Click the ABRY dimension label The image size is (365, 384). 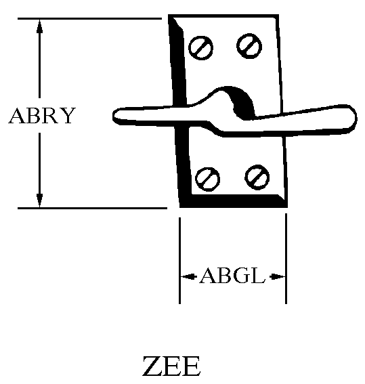pos(42,116)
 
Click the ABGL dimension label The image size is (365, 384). pos(232,276)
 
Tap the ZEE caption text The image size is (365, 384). pos(171,366)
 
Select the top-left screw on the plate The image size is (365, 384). pos(200,48)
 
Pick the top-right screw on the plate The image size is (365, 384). pos(249,46)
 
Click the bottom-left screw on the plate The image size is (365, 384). pos(207,179)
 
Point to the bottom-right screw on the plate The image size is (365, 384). pos(257,177)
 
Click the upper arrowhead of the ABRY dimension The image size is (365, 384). pos(39,26)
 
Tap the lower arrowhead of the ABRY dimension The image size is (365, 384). pos(39,200)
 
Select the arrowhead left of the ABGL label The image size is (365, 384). pos(189,277)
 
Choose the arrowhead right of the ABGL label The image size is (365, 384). pos(278,277)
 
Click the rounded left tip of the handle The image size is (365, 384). pos(115,116)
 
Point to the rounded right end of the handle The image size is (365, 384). pos(353,118)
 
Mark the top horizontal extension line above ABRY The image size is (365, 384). pos(89,18)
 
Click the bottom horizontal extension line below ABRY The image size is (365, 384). pos(92,208)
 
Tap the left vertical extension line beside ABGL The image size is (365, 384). pos(180,261)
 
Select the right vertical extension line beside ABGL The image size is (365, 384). pos(286,259)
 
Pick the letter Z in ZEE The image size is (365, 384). pos(152,366)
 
